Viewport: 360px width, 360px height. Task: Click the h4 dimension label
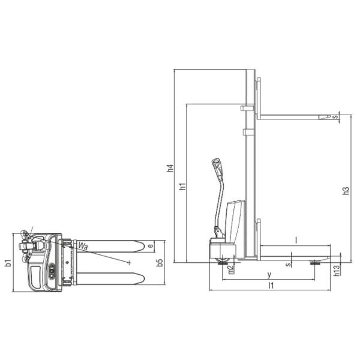(x=170, y=169)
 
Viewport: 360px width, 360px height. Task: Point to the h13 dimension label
(x=337, y=271)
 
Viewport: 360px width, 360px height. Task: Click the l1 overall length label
(x=271, y=286)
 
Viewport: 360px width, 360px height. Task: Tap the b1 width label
(x=8, y=262)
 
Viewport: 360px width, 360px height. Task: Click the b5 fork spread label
(x=159, y=262)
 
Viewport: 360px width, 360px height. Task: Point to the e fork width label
(x=151, y=245)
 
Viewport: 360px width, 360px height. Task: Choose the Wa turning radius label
(x=82, y=245)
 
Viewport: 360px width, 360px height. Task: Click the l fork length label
(x=296, y=239)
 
